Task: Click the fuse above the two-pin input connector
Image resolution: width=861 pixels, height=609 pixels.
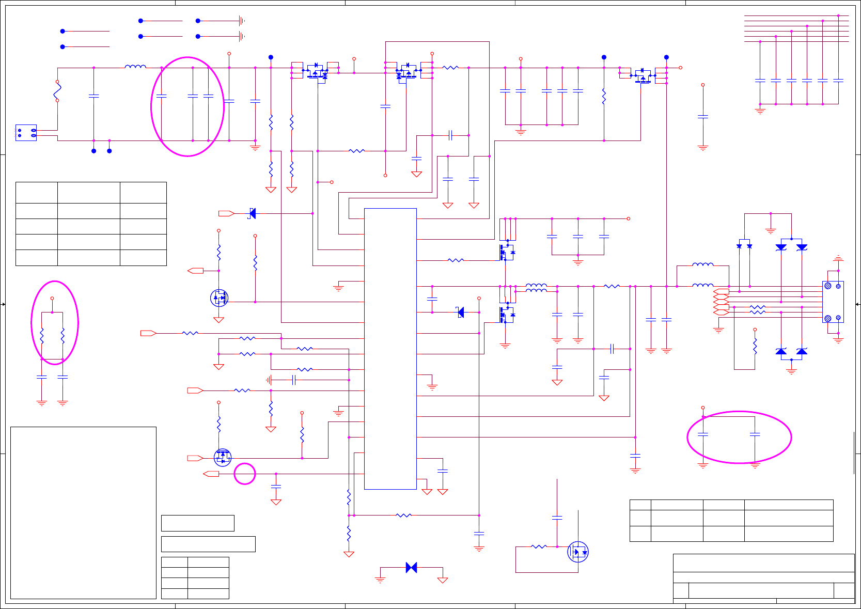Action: [x=57, y=91]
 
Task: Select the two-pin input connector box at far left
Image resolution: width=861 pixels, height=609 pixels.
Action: [x=26, y=133]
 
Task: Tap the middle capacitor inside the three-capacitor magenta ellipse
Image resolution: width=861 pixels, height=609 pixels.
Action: [x=193, y=96]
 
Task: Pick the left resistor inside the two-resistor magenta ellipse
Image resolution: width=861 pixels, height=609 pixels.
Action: [x=42, y=336]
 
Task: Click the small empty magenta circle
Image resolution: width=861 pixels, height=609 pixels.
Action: [x=245, y=474]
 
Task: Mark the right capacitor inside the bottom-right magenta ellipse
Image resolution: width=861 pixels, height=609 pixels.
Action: [x=755, y=434]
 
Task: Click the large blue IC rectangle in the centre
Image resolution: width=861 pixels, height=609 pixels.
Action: [x=390, y=349]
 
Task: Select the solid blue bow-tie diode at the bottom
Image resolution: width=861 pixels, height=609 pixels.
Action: [x=411, y=568]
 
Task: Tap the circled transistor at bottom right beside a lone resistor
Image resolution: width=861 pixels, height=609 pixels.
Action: [x=578, y=552]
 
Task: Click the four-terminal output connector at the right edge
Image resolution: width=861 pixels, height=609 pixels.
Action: [x=833, y=302]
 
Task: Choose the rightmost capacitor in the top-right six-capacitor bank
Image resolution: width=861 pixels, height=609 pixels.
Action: [x=838, y=81]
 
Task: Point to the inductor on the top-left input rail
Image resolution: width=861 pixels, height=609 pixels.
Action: [x=135, y=66]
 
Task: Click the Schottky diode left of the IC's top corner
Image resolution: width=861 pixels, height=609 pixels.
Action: [x=252, y=213]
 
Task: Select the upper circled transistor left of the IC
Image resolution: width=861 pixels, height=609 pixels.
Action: [x=220, y=298]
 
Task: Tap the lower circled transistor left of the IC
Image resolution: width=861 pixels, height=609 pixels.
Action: [x=223, y=457]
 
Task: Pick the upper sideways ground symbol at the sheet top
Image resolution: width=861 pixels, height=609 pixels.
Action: [x=241, y=21]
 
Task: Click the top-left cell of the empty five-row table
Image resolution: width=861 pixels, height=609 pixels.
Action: [x=37, y=192]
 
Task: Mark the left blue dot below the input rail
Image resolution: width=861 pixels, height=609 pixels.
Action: [x=93, y=151]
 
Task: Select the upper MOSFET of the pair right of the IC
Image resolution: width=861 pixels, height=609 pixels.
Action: [x=506, y=253]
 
